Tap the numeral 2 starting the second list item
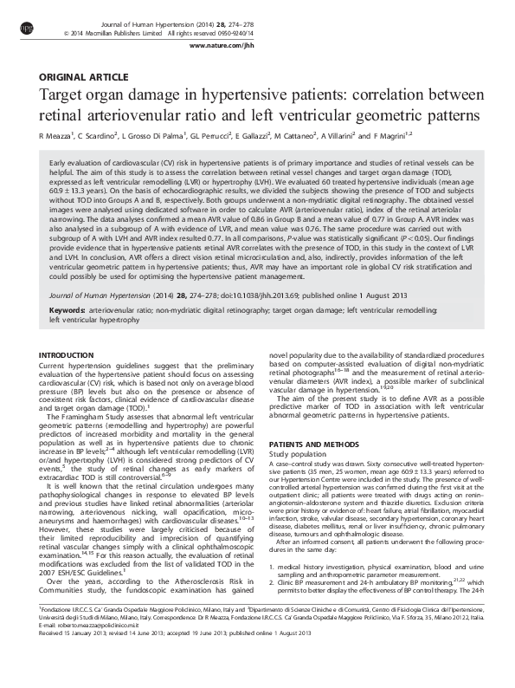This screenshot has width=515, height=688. point(273,608)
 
